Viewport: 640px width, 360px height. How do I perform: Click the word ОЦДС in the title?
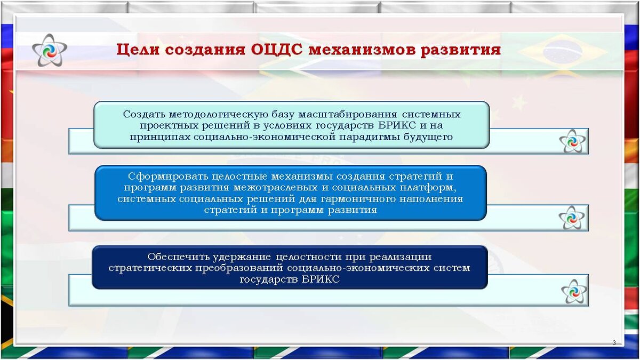(x=277, y=50)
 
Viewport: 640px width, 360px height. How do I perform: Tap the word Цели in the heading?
(x=138, y=50)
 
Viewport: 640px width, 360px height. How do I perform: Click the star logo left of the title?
(x=50, y=50)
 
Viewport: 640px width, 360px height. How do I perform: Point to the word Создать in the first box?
(x=144, y=114)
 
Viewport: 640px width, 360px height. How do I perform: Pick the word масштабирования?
(x=347, y=115)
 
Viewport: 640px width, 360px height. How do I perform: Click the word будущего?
(x=428, y=138)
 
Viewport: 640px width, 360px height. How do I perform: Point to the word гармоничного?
(x=358, y=199)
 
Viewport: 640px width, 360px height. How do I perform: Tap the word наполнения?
(x=431, y=199)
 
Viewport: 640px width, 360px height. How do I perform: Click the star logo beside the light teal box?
(x=572, y=141)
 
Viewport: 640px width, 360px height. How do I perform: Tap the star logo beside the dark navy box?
(x=574, y=291)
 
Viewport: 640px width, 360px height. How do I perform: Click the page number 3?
(x=614, y=342)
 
